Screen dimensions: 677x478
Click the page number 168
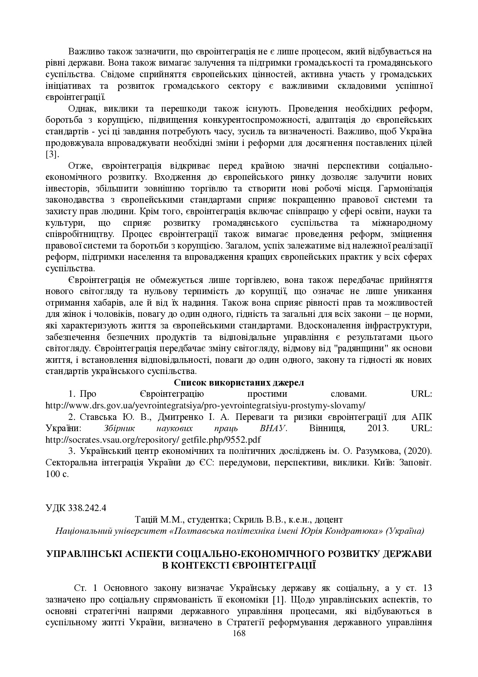point(239,633)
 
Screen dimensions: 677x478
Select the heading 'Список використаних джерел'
point(239,383)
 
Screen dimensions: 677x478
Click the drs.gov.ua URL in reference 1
point(205,405)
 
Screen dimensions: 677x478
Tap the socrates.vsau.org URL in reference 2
point(153,440)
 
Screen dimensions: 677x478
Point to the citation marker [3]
point(52,154)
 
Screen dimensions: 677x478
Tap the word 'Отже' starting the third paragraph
point(79,166)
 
